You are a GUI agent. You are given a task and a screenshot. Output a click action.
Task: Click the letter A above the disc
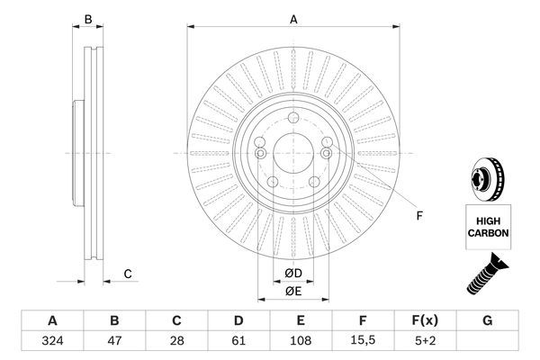pos(292,18)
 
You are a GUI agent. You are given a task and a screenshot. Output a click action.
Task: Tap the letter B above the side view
pos(87,19)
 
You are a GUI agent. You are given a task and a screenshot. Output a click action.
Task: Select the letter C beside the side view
pos(128,274)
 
